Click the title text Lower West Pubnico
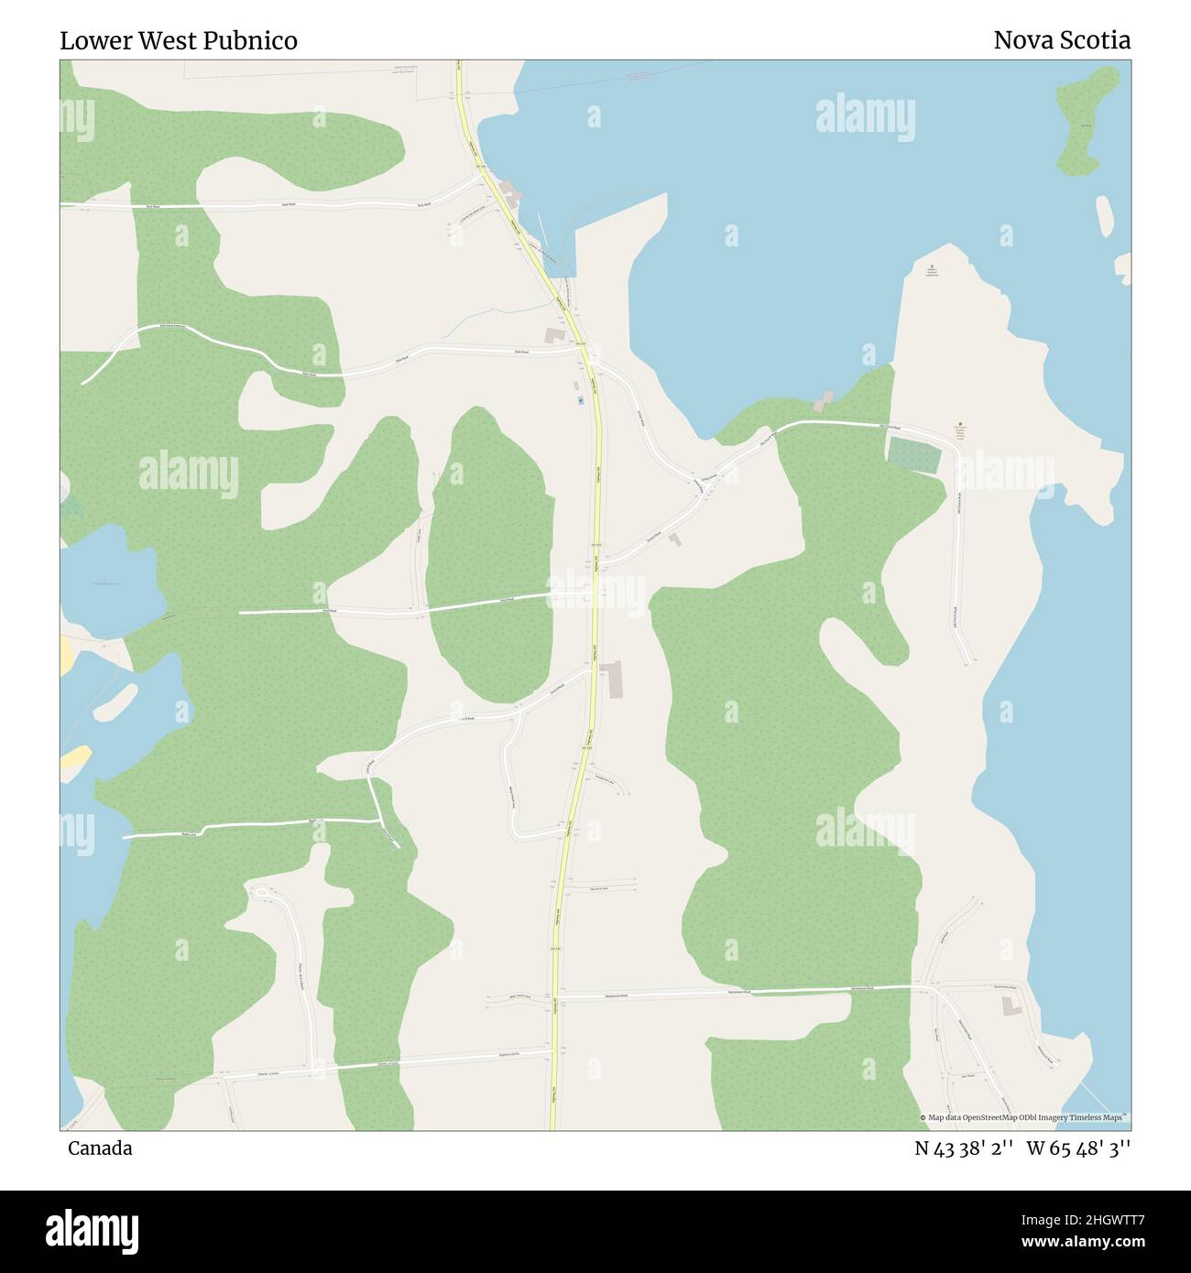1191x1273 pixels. tap(179, 41)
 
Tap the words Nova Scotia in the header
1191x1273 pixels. tap(1062, 40)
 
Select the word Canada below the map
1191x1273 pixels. tap(99, 1148)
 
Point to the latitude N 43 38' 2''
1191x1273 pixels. tap(964, 1148)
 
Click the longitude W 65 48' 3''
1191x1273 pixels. tap(1078, 1148)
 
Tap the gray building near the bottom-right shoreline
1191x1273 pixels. tap(1011, 1006)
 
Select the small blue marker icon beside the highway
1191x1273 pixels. tap(580, 400)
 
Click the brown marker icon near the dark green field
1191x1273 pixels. tap(960, 424)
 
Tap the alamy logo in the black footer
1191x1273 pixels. tap(92, 1230)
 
